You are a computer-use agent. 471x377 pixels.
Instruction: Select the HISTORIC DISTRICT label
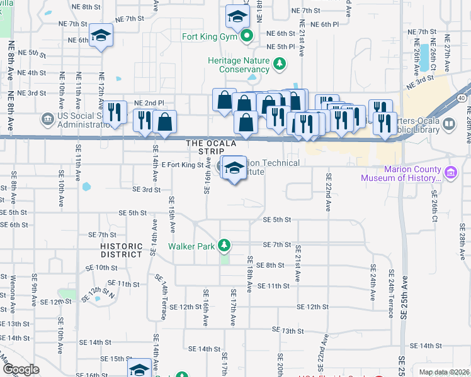122,250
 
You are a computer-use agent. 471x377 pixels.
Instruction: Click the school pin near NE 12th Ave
101,36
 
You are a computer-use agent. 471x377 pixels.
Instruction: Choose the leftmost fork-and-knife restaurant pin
114,114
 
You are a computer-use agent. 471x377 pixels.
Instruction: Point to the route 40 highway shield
462,97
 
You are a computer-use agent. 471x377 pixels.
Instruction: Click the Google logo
21,369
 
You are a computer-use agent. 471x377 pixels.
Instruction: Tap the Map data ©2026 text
443,372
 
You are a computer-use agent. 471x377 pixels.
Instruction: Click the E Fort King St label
183,165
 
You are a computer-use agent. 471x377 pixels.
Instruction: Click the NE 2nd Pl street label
149,102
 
